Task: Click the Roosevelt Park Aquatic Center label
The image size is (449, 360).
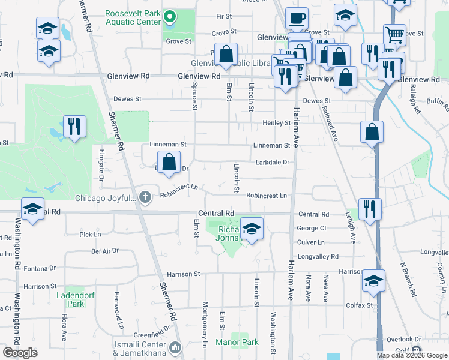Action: click(133, 17)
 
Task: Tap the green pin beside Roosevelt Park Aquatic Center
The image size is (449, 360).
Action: click(170, 17)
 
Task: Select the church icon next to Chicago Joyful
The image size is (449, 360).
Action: click(145, 197)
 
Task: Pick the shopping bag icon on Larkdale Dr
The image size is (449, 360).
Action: click(169, 161)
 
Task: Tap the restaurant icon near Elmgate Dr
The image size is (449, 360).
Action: click(74, 126)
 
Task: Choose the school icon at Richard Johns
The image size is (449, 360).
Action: click(252, 229)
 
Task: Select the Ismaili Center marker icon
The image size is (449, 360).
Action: click(176, 347)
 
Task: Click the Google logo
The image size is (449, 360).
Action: click(20, 352)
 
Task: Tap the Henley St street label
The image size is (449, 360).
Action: click(276, 123)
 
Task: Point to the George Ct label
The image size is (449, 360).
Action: click(311, 229)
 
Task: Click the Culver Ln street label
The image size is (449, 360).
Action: click(310, 242)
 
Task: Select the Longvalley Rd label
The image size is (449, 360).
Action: click(318, 256)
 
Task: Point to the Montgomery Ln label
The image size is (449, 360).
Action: click(205, 324)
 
